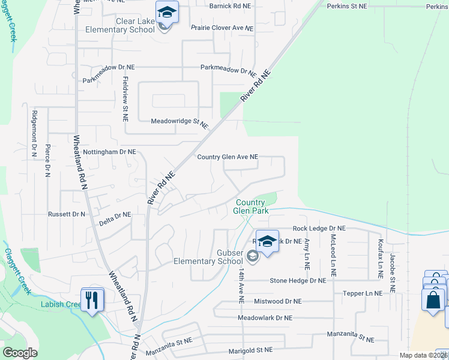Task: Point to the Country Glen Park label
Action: click(x=250, y=206)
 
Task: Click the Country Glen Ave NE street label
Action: click(x=228, y=157)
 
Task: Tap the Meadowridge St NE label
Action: click(x=179, y=122)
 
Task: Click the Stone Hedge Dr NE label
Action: click(x=298, y=280)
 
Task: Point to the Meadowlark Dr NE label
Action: click(x=265, y=318)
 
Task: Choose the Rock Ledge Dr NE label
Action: click(x=319, y=229)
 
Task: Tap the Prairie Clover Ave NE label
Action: click(x=222, y=28)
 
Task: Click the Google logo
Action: click(x=20, y=353)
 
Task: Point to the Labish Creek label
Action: click(x=61, y=304)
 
